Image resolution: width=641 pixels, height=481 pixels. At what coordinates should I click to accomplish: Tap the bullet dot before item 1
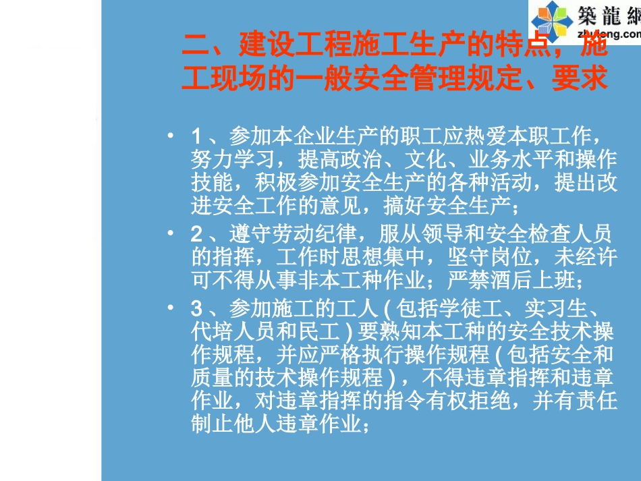click(172, 136)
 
